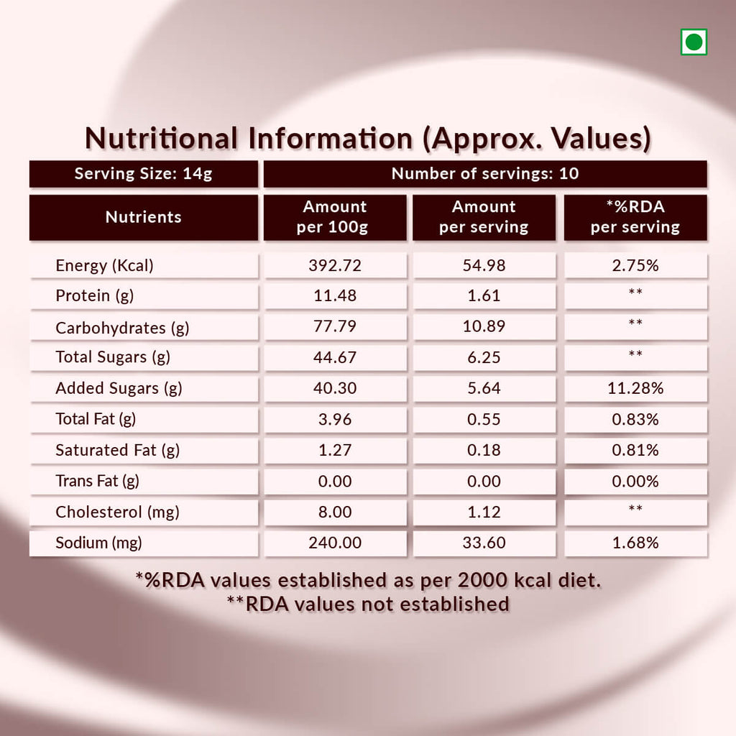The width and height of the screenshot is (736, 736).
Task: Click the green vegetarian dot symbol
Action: pos(694,42)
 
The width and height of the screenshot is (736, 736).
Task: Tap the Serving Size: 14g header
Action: pos(144,174)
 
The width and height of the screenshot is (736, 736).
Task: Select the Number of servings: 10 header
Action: pos(485,174)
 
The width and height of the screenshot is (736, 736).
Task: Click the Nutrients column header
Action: pos(144,217)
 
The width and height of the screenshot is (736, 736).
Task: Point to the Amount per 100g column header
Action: pos(335,217)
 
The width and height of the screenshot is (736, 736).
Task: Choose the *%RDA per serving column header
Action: pos(635,217)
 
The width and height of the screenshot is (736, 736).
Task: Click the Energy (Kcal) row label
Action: pos(105,266)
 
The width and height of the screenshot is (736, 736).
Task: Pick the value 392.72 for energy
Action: pos(335,266)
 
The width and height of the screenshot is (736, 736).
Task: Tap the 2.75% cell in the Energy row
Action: pos(635,266)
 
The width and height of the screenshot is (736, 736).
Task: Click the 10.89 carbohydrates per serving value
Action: pos(484,327)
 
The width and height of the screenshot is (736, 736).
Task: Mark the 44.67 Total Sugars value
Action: pos(335,357)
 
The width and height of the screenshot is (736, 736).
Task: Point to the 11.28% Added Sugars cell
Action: pos(635,389)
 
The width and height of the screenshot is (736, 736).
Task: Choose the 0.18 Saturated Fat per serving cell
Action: pos(484,451)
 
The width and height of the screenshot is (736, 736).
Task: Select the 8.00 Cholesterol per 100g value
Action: pos(335,512)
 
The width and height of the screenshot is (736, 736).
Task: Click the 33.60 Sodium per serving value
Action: pos(484,543)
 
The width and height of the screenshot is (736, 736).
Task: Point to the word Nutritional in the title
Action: pos(162,138)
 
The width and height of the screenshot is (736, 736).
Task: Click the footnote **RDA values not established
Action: pos(368,604)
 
